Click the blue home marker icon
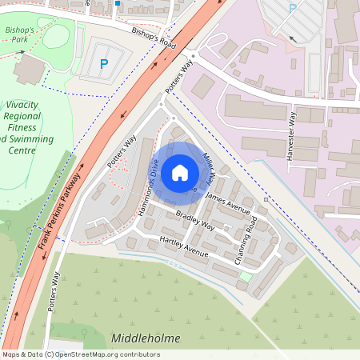pyautogui.click(x=180, y=172)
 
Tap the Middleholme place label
pyautogui.click(x=148, y=338)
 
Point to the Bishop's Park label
pyautogui.click(x=20, y=34)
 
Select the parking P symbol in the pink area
pyautogui.click(x=292, y=9)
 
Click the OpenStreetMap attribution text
pyautogui.click(x=80, y=354)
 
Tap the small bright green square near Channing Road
pyautogui.click(x=245, y=277)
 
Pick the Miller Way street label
pyautogui.click(x=210, y=160)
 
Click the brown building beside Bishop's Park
pyautogui.click(x=30, y=70)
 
